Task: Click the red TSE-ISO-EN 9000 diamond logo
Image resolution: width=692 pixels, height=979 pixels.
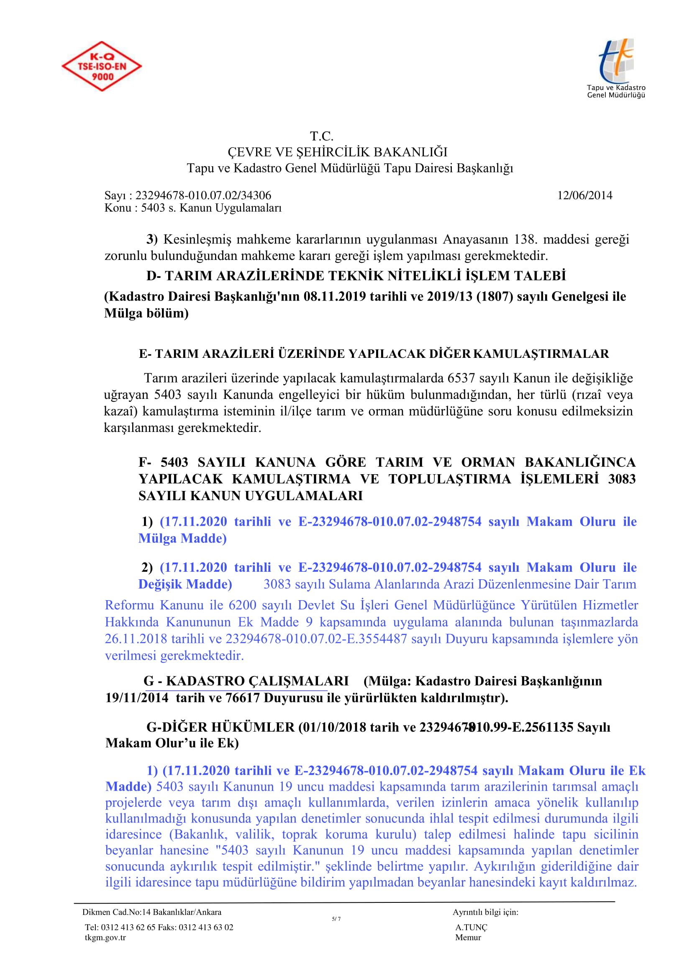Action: click(102, 66)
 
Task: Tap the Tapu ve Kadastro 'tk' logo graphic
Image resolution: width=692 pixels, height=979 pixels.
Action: click(616, 61)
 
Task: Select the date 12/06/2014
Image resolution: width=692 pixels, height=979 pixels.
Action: click(584, 195)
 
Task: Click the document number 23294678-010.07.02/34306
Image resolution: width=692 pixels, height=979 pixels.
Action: click(203, 195)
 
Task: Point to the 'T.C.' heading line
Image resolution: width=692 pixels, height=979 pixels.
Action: click(322, 136)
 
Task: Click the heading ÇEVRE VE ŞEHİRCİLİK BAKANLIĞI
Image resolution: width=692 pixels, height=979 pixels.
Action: click(338, 152)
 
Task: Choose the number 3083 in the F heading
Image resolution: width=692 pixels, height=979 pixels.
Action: click(622, 479)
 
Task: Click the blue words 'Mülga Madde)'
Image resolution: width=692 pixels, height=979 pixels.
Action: click(182, 538)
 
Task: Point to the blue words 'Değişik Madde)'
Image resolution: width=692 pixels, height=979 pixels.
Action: click(185, 584)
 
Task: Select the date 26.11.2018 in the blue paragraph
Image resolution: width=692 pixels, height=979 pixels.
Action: click(136, 639)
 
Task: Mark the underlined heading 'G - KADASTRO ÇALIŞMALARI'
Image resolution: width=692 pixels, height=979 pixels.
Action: click(246, 681)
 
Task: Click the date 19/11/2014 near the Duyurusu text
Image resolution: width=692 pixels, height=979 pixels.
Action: click(137, 698)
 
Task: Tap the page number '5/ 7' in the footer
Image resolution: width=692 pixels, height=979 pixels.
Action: click(336, 919)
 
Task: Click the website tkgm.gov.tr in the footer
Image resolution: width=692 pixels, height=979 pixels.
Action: click(105, 937)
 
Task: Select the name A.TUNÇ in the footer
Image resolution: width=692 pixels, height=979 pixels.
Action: click(471, 927)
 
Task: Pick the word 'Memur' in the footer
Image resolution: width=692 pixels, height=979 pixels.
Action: click(468, 937)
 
